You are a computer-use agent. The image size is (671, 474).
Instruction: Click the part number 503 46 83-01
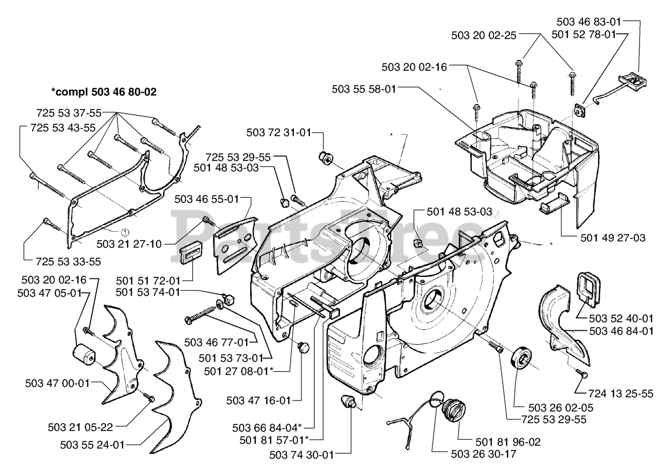588,22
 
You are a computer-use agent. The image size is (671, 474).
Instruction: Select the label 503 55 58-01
364,89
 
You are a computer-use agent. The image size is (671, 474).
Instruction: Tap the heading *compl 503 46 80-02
104,92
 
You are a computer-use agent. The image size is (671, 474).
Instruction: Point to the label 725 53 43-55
63,128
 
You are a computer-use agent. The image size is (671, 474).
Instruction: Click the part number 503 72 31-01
278,133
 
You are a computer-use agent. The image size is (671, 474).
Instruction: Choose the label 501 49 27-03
613,238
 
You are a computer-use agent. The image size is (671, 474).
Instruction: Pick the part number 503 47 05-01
49,293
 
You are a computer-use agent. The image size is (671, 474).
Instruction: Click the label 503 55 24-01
92,445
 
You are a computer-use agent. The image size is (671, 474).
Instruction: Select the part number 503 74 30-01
301,455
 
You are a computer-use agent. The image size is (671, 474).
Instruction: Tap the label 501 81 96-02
508,442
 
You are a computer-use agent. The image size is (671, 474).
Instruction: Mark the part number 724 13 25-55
621,393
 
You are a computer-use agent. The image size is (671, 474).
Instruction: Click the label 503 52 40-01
621,318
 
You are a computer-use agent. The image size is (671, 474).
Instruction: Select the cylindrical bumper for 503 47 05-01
84,355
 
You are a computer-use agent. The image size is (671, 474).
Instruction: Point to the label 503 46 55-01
207,199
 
